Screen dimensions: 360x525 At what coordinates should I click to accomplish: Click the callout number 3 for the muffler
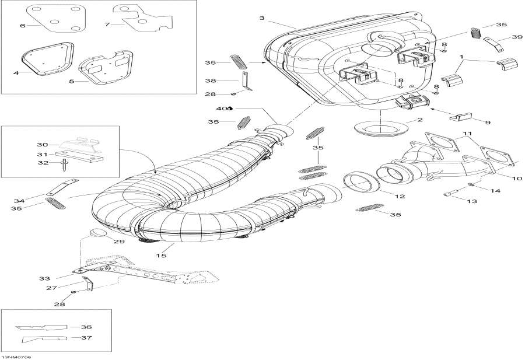[x=262, y=19]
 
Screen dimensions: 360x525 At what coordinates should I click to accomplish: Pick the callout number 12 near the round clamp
[x=401, y=197]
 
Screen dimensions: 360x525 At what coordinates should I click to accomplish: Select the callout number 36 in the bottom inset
[x=86, y=327]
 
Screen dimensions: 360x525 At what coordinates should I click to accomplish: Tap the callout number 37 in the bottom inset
[x=86, y=337]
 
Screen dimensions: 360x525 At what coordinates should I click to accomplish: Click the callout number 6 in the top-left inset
[x=23, y=26]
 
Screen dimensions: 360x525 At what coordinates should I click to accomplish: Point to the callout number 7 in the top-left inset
[x=107, y=25]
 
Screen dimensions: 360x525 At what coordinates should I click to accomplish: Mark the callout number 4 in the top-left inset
[x=16, y=72]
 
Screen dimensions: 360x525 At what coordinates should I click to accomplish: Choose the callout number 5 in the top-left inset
[x=71, y=81]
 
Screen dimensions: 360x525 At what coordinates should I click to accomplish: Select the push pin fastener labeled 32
[x=61, y=165]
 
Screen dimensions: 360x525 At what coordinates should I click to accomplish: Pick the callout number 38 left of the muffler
[x=211, y=81]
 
